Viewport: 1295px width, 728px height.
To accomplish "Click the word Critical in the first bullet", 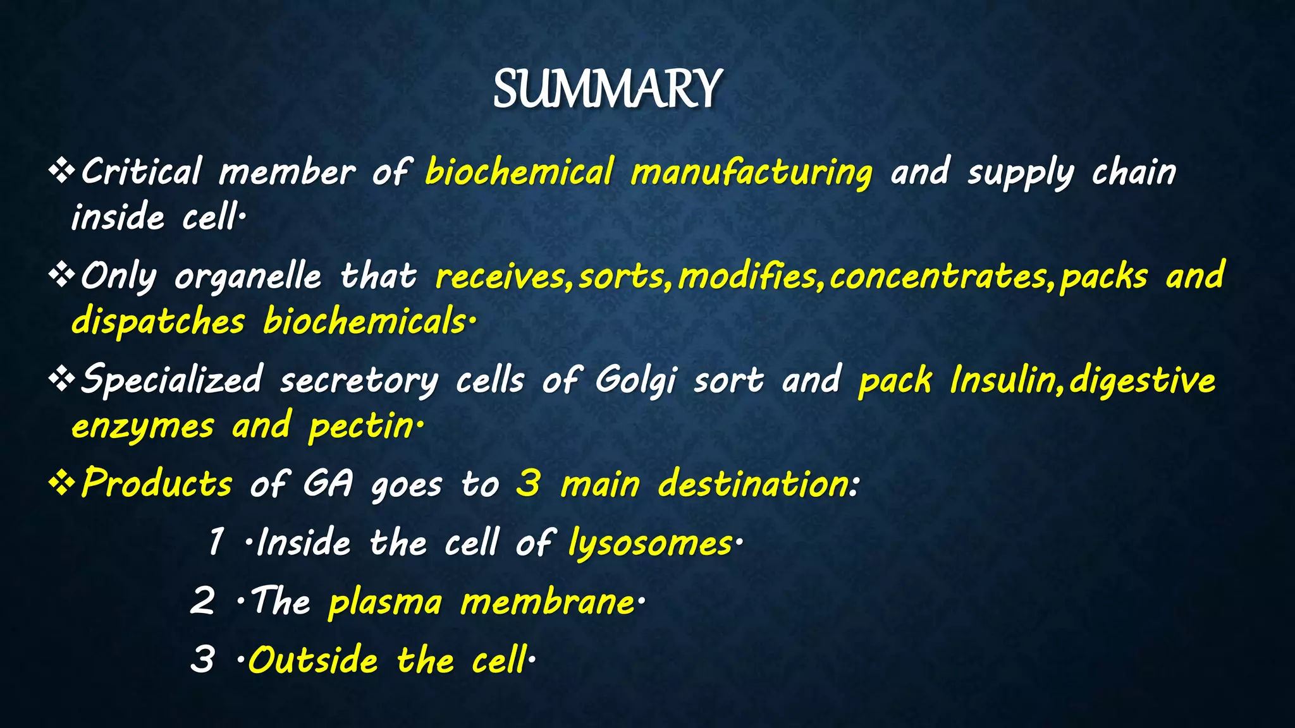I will point(141,171).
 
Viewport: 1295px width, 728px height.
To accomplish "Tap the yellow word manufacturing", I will point(751,173).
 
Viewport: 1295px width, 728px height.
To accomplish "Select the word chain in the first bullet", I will point(1134,171).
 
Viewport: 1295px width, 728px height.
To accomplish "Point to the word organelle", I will point(248,277).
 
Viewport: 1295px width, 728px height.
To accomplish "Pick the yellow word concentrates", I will point(938,277).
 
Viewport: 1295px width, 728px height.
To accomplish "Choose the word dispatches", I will point(157,321).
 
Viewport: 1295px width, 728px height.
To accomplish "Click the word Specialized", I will point(171,380).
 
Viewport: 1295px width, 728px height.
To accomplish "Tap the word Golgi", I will point(635,380).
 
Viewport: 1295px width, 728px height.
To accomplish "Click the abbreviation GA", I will point(327,485).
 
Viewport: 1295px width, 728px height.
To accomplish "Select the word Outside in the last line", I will point(313,660).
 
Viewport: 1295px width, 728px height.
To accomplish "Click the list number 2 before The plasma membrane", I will point(202,600).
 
